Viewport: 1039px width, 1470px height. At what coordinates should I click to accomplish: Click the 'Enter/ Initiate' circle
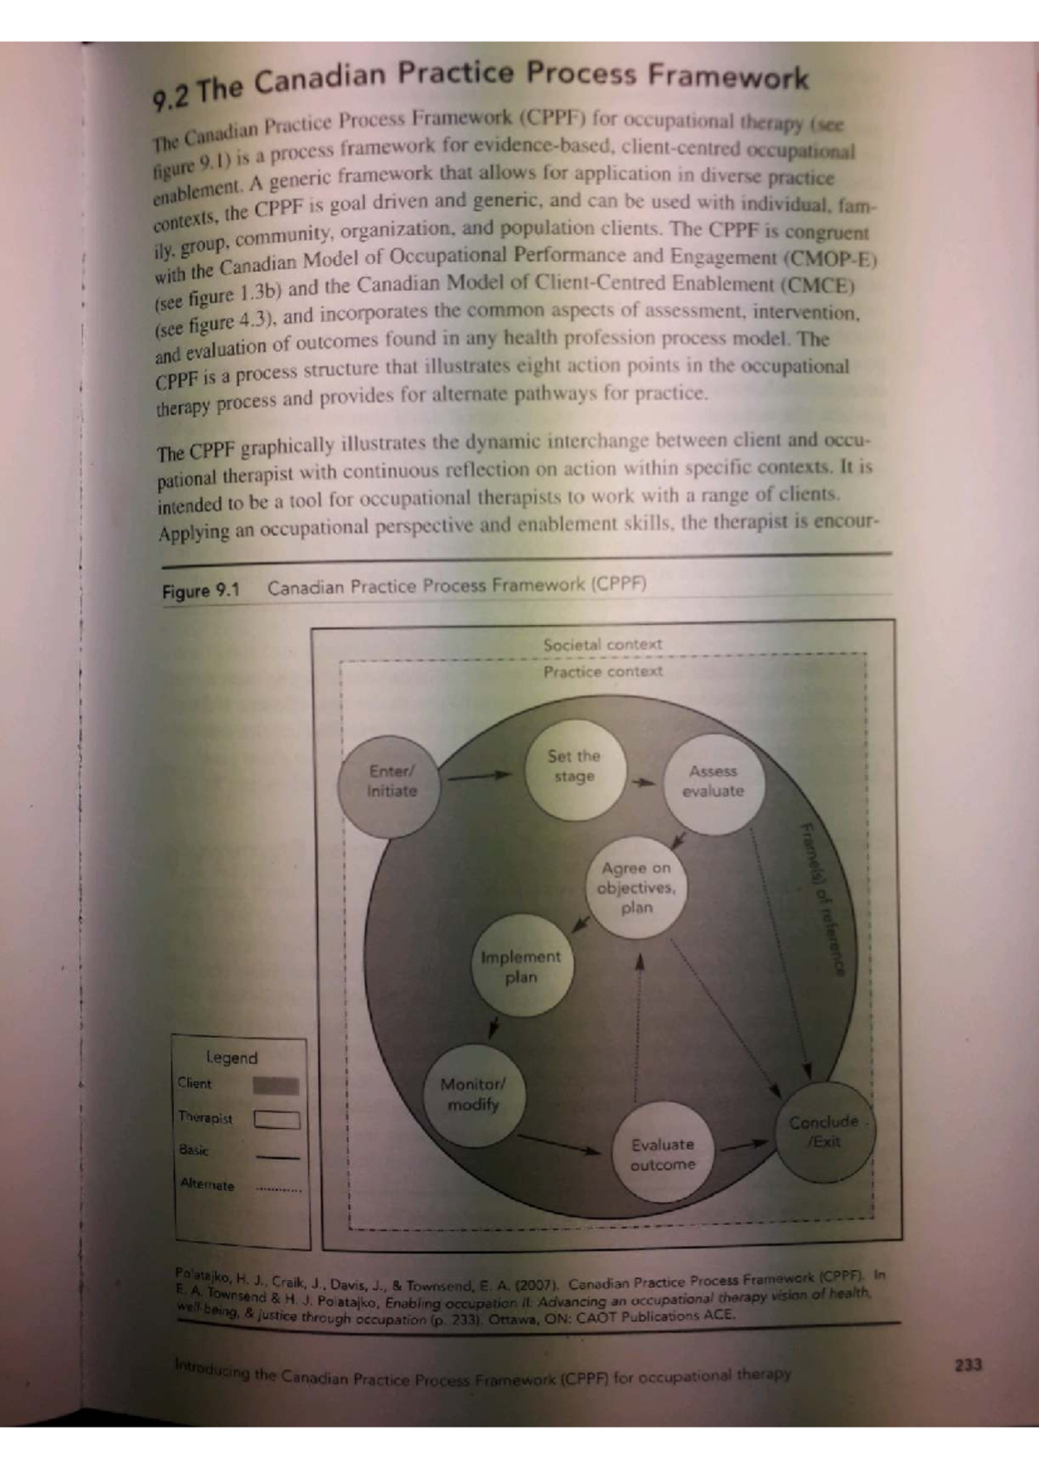coord(390,786)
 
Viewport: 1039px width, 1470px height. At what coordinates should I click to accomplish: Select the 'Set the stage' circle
coord(576,769)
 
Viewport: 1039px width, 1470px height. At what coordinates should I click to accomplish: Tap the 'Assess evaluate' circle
coord(714,783)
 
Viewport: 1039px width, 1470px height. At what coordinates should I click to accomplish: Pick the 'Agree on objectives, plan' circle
coord(636,887)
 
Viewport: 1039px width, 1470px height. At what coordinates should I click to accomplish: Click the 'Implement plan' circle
coord(522,966)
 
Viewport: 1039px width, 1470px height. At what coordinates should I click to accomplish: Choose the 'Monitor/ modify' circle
coord(474,1095)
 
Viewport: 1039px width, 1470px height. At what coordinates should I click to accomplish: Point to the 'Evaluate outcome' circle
coord(663,1153)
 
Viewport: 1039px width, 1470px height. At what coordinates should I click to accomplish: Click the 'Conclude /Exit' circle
coord(825,1132)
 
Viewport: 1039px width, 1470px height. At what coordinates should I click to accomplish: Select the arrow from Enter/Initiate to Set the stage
coord(480,777)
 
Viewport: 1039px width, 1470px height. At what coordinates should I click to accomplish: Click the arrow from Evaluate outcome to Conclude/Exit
coord(745,1145)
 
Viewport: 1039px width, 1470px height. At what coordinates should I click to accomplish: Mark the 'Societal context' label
coord(603,644)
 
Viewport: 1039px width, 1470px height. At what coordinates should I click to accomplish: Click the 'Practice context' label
coord(603,671)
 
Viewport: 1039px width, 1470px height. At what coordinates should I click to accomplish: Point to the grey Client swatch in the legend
coord(275,1086)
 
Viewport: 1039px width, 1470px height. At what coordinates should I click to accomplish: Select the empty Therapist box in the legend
coord(277,1119)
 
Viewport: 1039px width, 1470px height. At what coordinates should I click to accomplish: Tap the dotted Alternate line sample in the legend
coord(278,1190)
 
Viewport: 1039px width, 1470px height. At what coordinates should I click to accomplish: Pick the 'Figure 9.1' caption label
coord(201,590)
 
